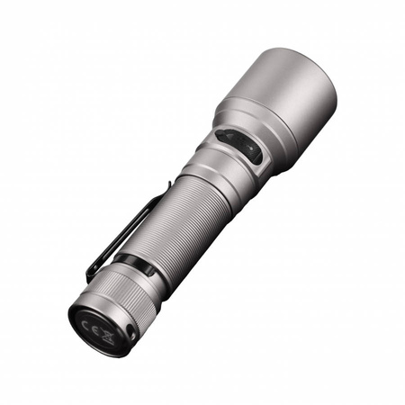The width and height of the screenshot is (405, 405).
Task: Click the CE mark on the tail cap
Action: (95, 323)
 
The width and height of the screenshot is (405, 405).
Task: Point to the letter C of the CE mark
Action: (91, 320)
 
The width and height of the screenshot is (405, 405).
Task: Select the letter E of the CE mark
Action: (100, 326)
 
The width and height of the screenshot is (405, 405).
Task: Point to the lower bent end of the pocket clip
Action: (90, 274)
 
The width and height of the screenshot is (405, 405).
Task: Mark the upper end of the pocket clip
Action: (166, 186)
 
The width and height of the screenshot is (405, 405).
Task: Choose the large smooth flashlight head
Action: (288, 99)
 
